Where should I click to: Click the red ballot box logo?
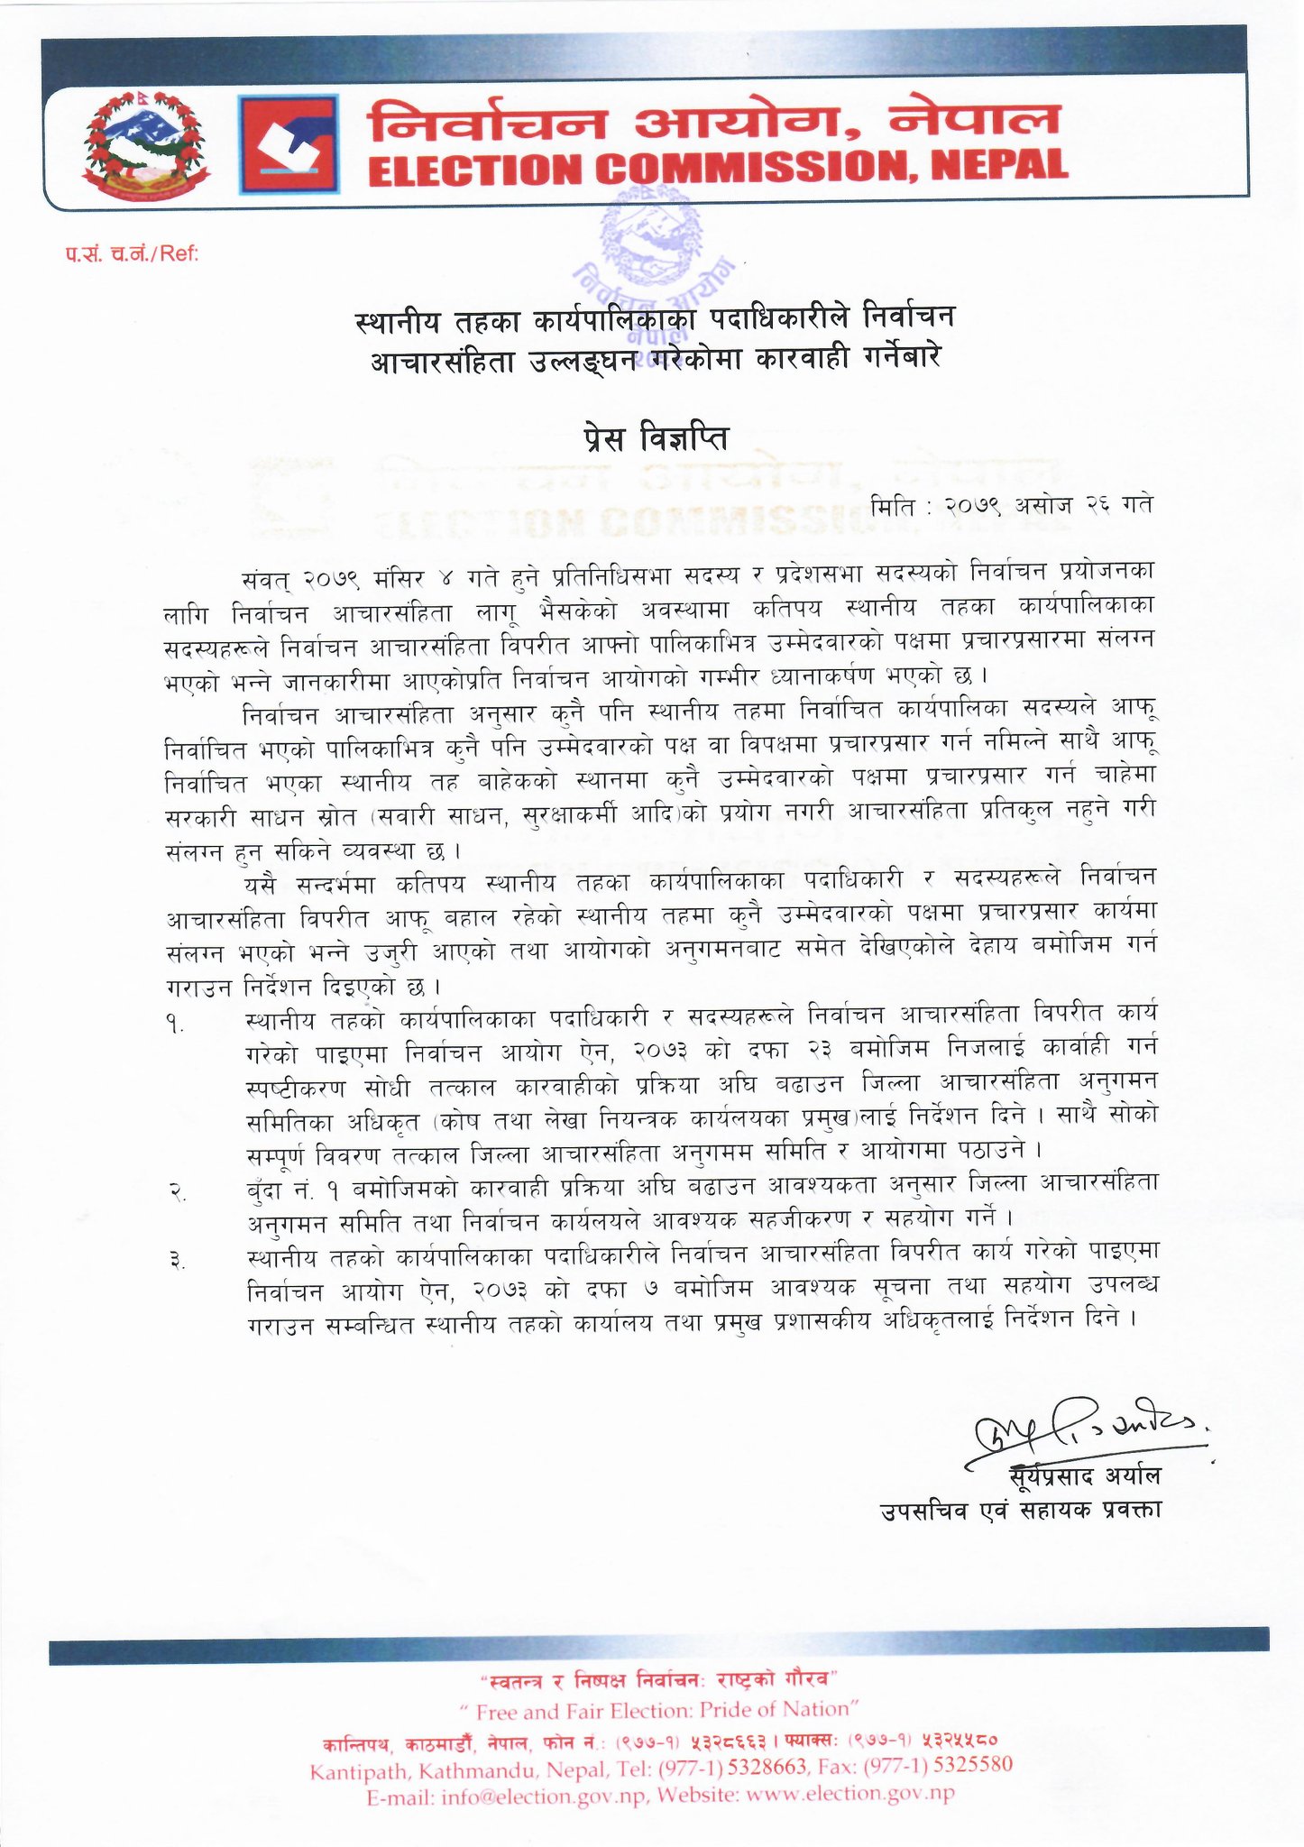[x=289, y=144]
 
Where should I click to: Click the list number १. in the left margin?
[x=175, y=1025]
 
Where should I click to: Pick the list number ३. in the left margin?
[x=177, y=1262]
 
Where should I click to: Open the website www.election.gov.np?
[x=850, y=1794]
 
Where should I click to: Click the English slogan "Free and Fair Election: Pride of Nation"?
[x=658, y=1710]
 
